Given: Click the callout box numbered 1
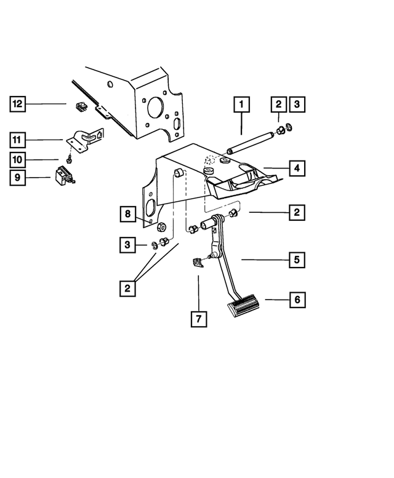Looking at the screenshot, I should point(241,105).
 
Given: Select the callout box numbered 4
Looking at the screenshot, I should point(297,167).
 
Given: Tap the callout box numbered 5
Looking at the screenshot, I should point(297,260).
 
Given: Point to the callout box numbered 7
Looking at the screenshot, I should point(198,319).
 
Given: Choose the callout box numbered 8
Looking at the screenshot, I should point(127,214).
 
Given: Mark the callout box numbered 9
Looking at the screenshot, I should point(17,178).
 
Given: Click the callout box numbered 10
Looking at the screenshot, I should point(17,159).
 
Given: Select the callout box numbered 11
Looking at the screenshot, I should point(17,140).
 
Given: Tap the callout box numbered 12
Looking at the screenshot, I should point(17,104).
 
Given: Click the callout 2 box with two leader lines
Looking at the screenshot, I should point(127,287).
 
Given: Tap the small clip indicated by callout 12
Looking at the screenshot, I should point(79,106).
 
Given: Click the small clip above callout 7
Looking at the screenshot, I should point(197,263).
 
